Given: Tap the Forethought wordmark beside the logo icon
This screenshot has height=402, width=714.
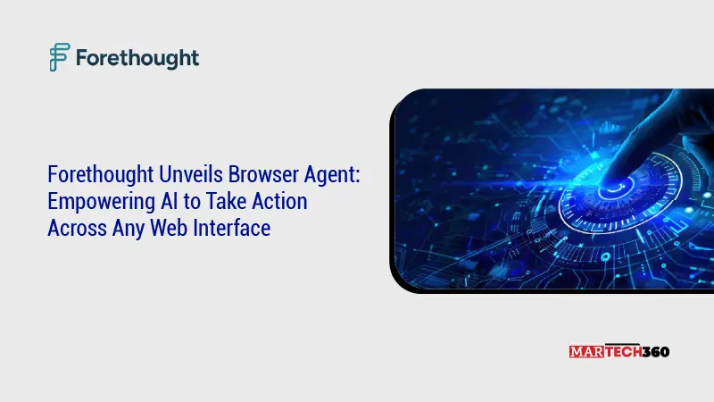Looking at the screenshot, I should [x=137, y=58].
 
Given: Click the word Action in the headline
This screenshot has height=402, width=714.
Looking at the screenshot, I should [x=278, y=202].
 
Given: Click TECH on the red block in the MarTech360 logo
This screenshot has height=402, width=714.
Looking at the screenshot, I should [x=621, y=352].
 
